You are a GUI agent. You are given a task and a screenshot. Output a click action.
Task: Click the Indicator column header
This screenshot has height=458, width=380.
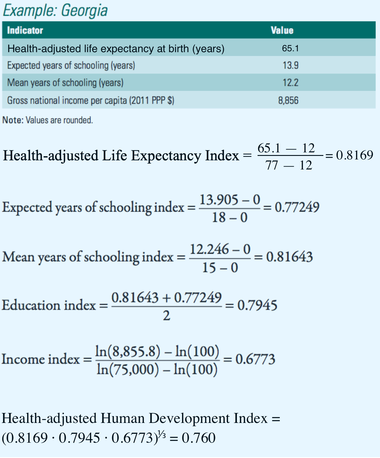point(25,30)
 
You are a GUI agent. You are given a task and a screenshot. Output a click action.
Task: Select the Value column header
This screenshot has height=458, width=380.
point(282,30)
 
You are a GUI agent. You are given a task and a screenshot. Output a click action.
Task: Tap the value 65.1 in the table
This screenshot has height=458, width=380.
point(290,48)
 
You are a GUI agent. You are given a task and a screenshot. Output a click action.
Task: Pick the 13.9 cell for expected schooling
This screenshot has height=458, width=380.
point(290,65)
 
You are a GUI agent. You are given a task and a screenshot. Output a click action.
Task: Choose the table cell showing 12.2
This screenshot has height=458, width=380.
point(290,83)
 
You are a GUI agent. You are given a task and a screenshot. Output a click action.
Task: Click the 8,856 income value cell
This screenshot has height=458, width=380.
point(288,101)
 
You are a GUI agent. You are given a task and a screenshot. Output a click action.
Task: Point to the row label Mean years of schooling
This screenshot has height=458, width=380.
point(65,83)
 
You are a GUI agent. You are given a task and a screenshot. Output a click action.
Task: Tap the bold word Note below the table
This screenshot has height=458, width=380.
point(12,120)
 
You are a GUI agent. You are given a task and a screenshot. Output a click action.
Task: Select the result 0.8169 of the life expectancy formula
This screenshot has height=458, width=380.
point(355,155)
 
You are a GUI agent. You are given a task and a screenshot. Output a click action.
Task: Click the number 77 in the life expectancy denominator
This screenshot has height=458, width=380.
point(271,165)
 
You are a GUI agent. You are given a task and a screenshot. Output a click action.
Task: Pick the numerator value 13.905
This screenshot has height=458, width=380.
point(219,200)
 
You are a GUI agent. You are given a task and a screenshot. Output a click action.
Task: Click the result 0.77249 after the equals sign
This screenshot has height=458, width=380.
point(297,207)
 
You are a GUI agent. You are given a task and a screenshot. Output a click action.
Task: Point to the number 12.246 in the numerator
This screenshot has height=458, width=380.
point(209,249)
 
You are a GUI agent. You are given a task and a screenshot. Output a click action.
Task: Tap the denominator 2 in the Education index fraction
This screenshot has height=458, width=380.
point(166,316)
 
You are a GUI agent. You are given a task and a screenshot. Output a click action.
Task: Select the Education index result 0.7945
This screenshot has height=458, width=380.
point(257,305)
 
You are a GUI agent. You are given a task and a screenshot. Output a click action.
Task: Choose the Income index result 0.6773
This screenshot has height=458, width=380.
point(255,359)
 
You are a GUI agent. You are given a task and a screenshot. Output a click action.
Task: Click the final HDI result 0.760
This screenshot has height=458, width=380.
point(199,438)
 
